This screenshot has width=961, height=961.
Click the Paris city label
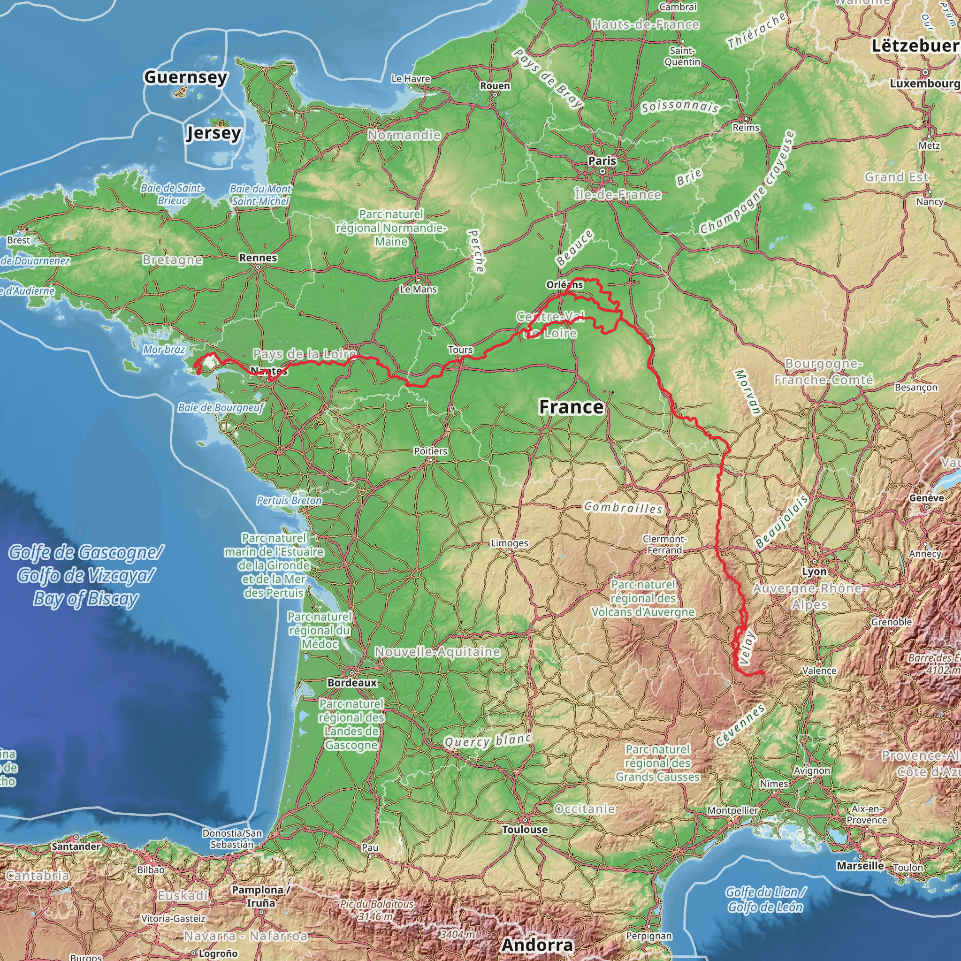tap(602, 160)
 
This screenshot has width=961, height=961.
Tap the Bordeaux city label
tap(352, 683)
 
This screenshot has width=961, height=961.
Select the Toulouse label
tap(525, 829)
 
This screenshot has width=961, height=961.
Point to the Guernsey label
tap(185, 77)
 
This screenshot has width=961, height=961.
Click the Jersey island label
tap(214, 133)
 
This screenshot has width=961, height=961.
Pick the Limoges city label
tap(509, 543)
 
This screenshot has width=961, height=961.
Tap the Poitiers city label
tap(430, 451)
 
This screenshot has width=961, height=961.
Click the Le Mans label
tap(418, 289)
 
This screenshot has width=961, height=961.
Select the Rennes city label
tap(258, 258)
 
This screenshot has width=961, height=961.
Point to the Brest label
tap(18, 240)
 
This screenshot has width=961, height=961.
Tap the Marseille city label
tap(860, 865)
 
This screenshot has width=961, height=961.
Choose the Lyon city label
tap(814, 572)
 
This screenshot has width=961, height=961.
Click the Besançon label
tap(916, 387)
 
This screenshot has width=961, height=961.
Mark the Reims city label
tap(746, 128)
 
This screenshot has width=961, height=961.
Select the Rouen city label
tap(495, 85)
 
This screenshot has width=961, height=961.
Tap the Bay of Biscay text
tap(85, 599)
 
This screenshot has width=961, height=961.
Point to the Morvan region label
tap(747, 392)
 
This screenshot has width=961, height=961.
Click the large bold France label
tap(571, 407)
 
